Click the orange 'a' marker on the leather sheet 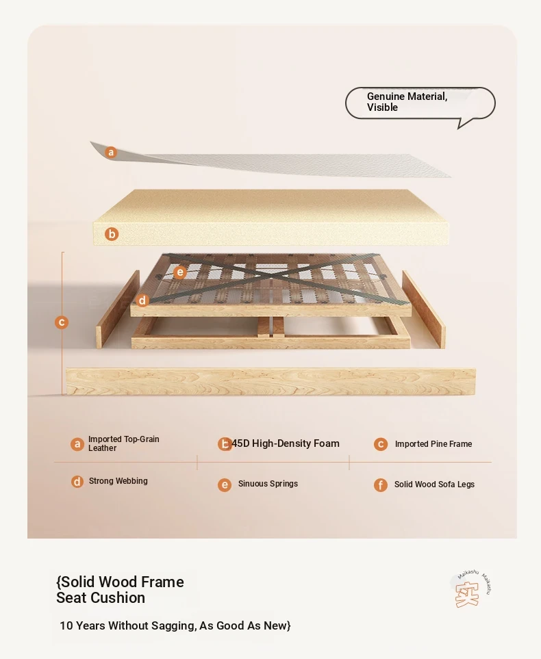(111, 152)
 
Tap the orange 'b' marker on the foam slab (112, 234)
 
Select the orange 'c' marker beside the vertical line (62, 322)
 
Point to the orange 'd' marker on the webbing (142, 300)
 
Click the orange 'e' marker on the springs (179, 272)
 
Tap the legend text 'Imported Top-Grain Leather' (124, 443)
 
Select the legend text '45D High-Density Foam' (286, 443)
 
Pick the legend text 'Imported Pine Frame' (433, 444)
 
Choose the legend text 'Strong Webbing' (118, 481)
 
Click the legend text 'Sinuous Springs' (268, 483)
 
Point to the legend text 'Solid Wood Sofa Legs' (434, 484)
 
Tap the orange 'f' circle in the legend (381, 485)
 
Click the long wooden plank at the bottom (271, 382)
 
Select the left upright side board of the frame (118, 309)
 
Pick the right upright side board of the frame (424, 309)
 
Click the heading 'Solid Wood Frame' (121, 582)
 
